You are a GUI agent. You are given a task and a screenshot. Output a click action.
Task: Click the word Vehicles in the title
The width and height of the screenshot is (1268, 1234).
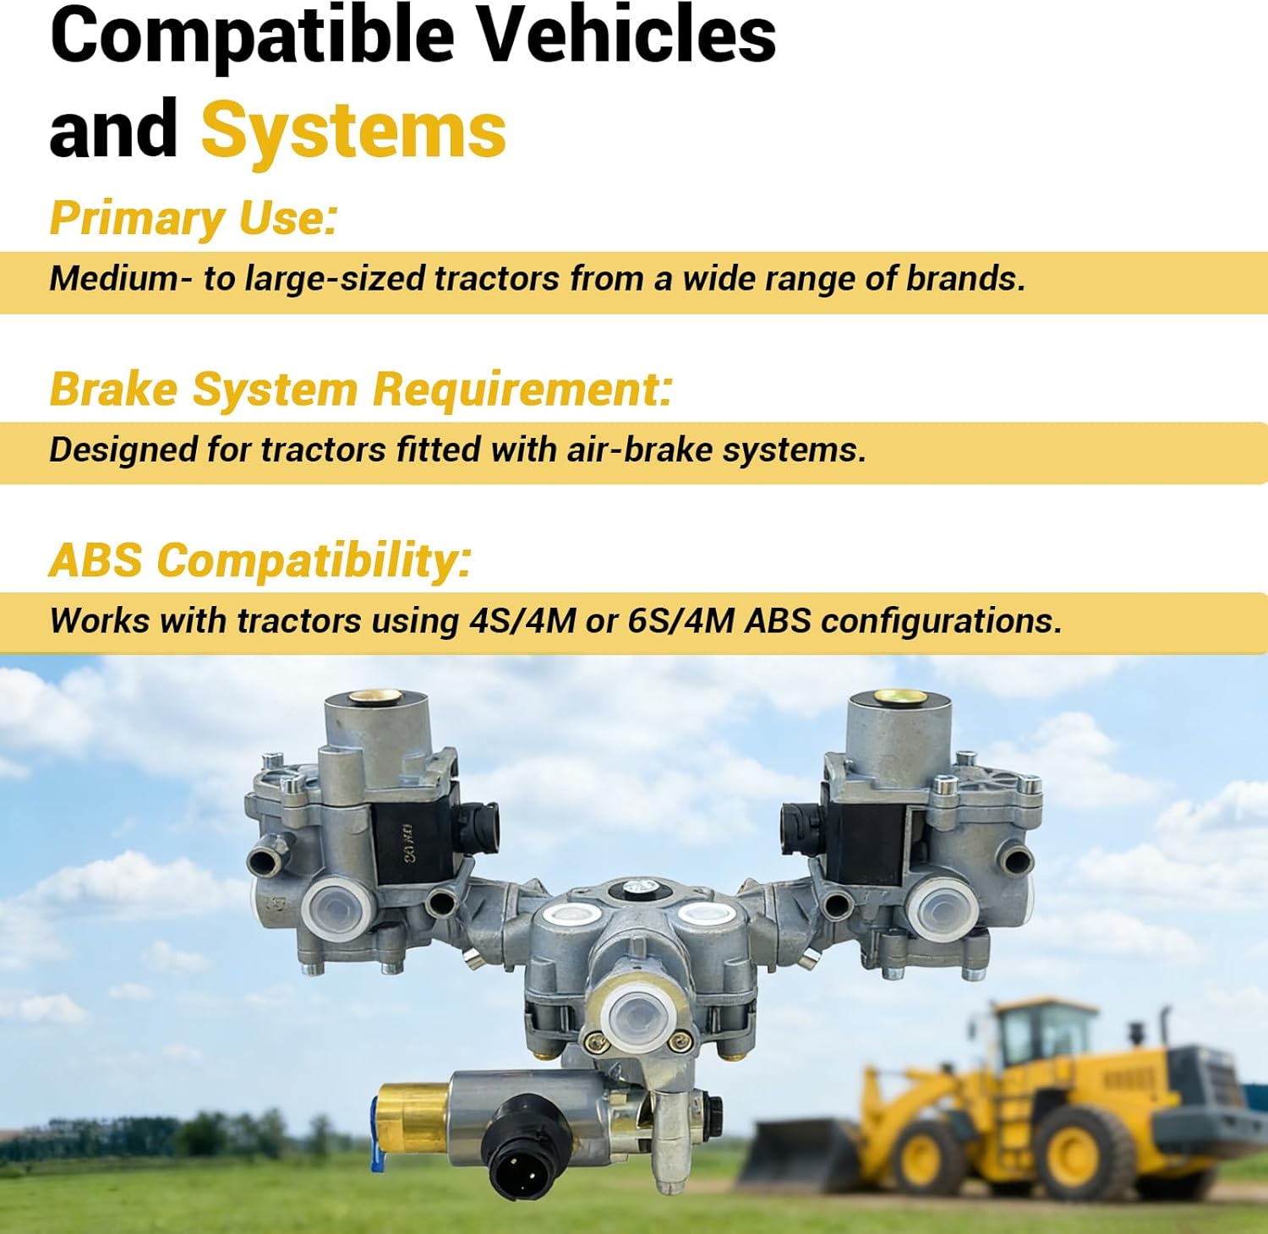[x=627, y=35]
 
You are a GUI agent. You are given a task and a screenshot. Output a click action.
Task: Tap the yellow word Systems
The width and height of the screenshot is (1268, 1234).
[x=353, y=130]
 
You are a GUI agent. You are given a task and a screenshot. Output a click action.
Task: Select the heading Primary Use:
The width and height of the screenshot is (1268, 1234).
[x=194, y=218]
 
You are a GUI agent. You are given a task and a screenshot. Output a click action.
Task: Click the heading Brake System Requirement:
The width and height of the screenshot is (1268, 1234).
[x=361, y=390]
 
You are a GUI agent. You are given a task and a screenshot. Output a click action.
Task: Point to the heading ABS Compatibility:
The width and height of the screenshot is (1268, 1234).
[x=260, y=560]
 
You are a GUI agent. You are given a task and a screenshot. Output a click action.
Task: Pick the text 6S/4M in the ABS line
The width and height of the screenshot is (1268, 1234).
[x=680, y=621]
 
